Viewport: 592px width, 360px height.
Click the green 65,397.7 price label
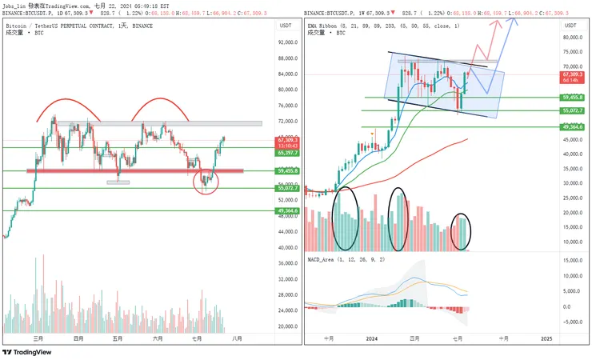pos(287,153)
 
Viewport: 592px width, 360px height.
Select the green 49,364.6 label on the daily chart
pos(287,211)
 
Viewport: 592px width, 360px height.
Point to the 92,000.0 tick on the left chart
pos(286,42)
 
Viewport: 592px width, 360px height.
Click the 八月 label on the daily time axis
pos(237,339)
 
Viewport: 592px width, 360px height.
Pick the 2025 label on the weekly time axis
pos(546,339)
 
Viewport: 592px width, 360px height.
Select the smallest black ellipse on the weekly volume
pos(462,230)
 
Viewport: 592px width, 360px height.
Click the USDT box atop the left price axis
pos(286,26)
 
